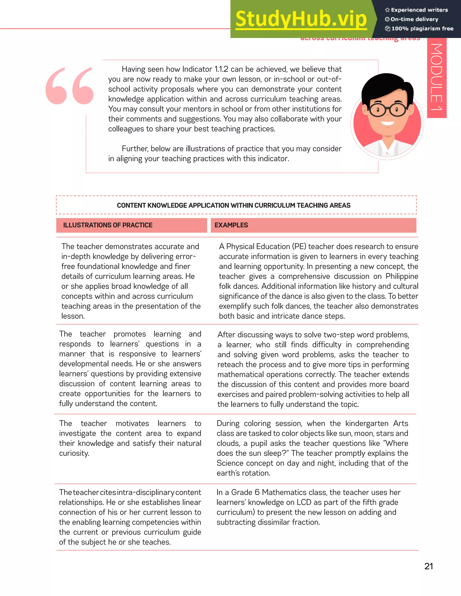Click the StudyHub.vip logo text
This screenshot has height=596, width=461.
[x=301, y=19]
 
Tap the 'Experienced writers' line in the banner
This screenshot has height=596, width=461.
[x=419, y=10]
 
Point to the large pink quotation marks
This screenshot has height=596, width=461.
[x=70, y=86]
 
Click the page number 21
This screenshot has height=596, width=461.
[x=429, y=566]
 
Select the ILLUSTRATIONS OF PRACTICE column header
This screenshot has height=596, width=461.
[x=108, y=225]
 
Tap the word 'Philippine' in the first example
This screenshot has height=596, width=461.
[x=402, y=276]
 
